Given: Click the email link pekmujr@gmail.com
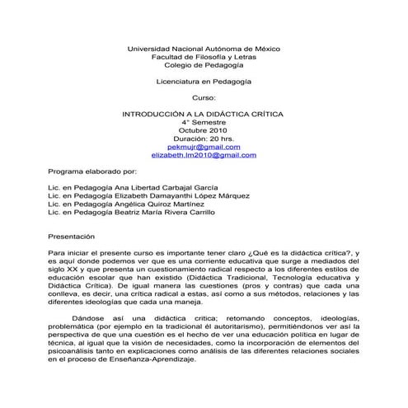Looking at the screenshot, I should click(x=204, y=146).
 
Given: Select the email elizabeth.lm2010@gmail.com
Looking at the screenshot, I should click(x=204, y=154).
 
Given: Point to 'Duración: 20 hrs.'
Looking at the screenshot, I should click(x=204, y=138).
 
